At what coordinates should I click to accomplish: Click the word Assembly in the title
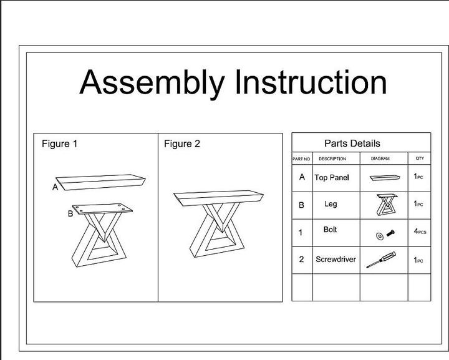152,83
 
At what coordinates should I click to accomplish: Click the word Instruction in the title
310,83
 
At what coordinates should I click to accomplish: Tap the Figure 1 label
60,144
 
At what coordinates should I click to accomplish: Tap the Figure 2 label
182,144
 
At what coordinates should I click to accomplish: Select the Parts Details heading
352,144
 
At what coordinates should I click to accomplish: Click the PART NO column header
301,159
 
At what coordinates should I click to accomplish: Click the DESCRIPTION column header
332,159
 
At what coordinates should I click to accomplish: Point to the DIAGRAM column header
380,159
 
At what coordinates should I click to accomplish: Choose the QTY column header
420,158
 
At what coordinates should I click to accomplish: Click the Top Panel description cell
332,178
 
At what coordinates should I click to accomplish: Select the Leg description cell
331,204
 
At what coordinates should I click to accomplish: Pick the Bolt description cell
331,230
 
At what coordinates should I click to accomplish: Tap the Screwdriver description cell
336,260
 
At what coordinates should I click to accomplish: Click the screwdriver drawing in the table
380,260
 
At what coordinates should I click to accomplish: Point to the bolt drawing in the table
384,234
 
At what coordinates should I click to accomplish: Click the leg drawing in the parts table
387,205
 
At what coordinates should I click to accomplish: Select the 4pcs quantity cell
420,231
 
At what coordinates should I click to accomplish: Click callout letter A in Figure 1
55,187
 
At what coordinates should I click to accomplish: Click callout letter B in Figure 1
70,214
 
